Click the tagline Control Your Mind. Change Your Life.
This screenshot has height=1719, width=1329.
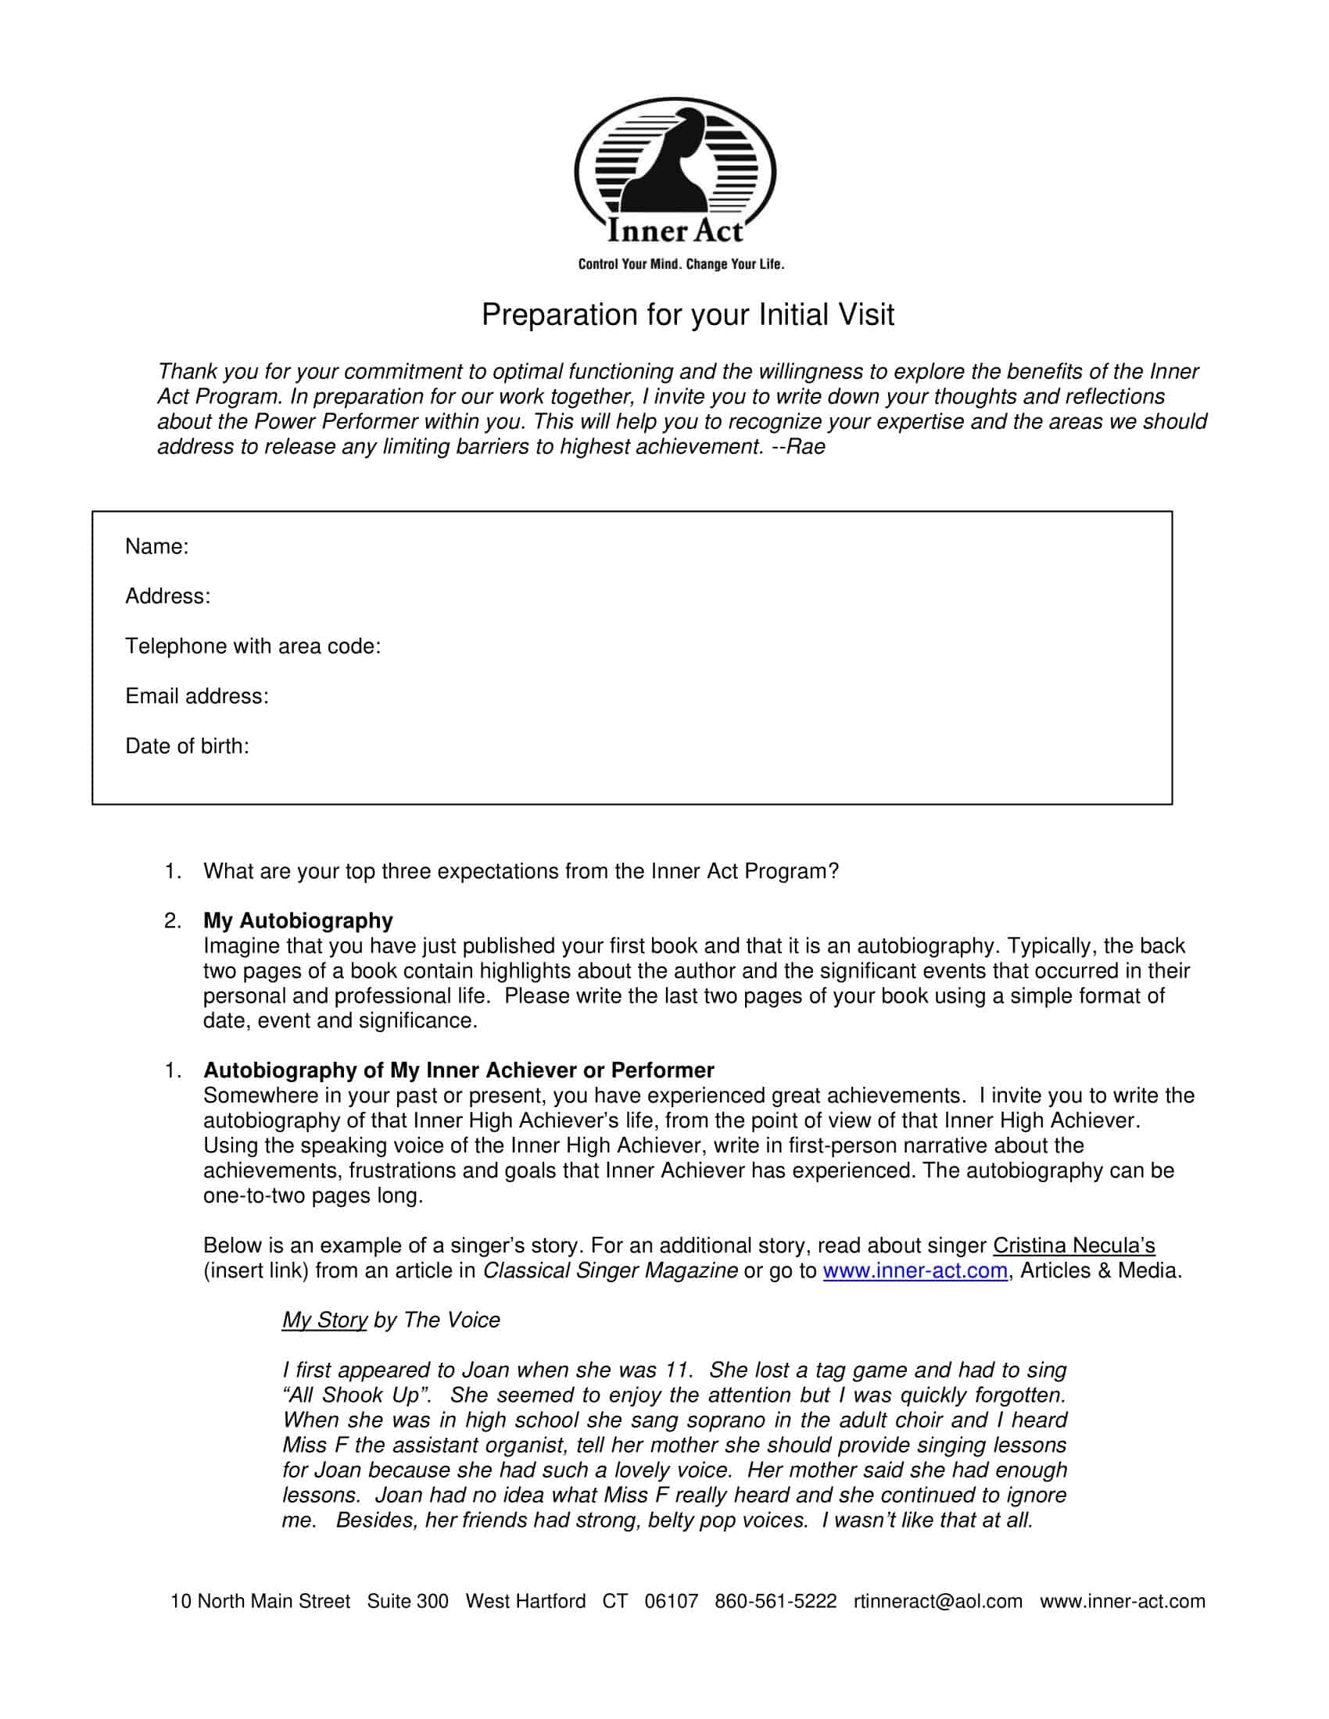point(681,264)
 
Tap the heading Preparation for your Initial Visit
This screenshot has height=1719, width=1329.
point(687,315)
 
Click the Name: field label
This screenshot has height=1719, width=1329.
point(156,546)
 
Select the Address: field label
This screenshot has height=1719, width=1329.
point(168,596)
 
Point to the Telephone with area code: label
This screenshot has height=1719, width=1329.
point(253,646)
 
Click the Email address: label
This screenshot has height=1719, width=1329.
point(197,695)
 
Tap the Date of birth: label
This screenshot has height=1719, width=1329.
point(188,746)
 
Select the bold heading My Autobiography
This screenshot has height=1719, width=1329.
point(298,920)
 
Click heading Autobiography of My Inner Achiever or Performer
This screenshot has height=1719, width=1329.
point(458,1070)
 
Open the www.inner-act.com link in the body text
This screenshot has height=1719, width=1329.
point(915,1270)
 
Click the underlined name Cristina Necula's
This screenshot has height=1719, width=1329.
point(1073,1245)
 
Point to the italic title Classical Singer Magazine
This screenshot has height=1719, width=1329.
point(610,1270)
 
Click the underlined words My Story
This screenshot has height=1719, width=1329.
point(324,1320)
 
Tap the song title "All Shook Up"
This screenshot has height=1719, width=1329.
point(356,1395)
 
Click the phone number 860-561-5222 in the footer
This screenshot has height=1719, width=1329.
point(776,1601)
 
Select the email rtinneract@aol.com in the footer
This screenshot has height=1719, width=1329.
point(937,1601)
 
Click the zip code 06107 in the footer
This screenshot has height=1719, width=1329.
point(671,1601)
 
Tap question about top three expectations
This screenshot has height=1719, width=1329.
point(521,870)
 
